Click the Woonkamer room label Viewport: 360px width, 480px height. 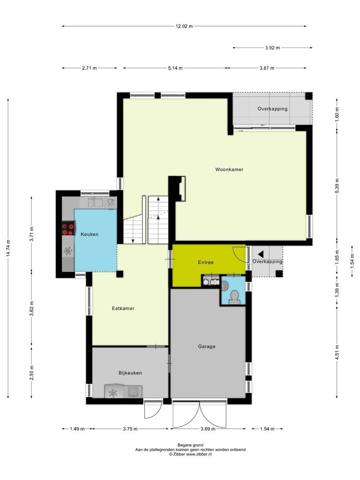229,169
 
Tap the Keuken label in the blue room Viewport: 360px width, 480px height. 89,234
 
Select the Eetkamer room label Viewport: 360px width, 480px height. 123,308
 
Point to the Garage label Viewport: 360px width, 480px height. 207,346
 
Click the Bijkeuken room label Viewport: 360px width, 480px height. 130,373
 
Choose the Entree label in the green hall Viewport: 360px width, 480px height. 205,262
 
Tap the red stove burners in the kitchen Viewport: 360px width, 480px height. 68,229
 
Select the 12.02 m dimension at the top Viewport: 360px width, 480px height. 184,26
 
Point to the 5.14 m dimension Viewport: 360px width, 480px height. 175,68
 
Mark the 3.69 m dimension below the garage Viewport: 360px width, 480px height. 208,429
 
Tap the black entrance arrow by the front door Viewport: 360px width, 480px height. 261,254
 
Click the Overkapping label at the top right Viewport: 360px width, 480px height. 272,108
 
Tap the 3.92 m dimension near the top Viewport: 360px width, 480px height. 272,48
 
